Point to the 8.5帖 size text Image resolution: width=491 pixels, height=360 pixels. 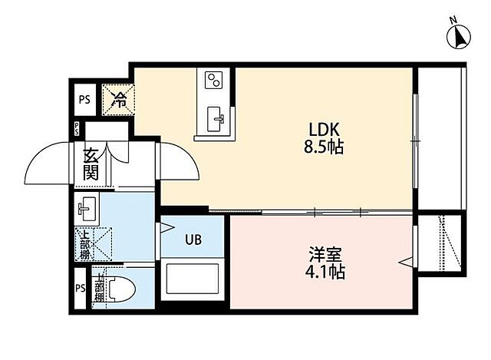[x=323, y=147]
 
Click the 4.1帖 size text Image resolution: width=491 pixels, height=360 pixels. [x=323, y=271]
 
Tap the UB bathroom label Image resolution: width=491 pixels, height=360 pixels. [x=192, y=239]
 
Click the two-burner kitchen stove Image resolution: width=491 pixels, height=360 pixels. [x=213, y=80]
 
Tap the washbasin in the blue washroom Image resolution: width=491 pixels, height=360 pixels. [x=87, y=208]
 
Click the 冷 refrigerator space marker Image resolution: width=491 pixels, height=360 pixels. [x=120, y=97]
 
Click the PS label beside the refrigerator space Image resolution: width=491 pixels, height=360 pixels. [x=83, y=97]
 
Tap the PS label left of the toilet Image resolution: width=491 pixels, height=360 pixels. [x=81, y=289]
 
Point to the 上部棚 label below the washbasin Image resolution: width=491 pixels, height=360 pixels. [x=85, y=245]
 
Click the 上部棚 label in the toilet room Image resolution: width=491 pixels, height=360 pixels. [x=98, y=289]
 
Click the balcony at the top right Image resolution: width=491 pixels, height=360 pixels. [x=439, y=138]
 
